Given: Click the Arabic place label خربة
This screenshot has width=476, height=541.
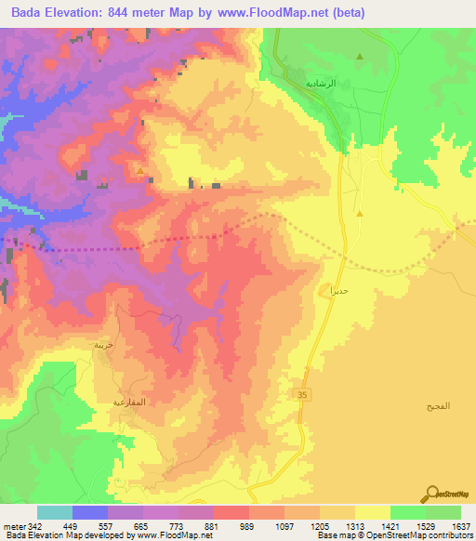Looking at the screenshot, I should (x=103, y=344).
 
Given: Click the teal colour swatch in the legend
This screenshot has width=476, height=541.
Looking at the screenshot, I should (x=55, y=512).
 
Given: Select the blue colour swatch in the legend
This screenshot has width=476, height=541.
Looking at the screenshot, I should (x=90, y=512).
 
